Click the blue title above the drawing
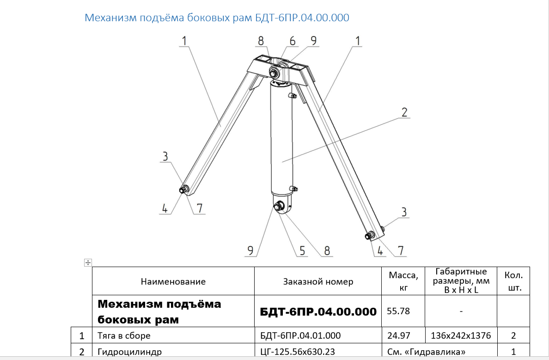pos(217,18)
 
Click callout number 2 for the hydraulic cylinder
pos(404,112)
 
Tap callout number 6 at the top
pos(293,41)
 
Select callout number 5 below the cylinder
pos(302,251)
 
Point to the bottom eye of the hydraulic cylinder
pos(282,206)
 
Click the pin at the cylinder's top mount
pos(274,73)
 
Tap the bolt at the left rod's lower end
pos(183,190)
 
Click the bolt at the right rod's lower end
pos(369,236)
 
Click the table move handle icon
pos(88,262)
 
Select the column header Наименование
pos(173,281)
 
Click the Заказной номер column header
pos(318,281)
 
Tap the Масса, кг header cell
pos(403,281)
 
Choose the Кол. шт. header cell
pos(513,281)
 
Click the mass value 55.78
pos(398,311)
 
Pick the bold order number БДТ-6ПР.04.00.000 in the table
pos(318,311)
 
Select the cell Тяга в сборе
pos(124,336)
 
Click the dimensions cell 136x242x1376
pos(461,336)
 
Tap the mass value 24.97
pos(398,336)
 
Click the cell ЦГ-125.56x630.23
pos(297,352)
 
